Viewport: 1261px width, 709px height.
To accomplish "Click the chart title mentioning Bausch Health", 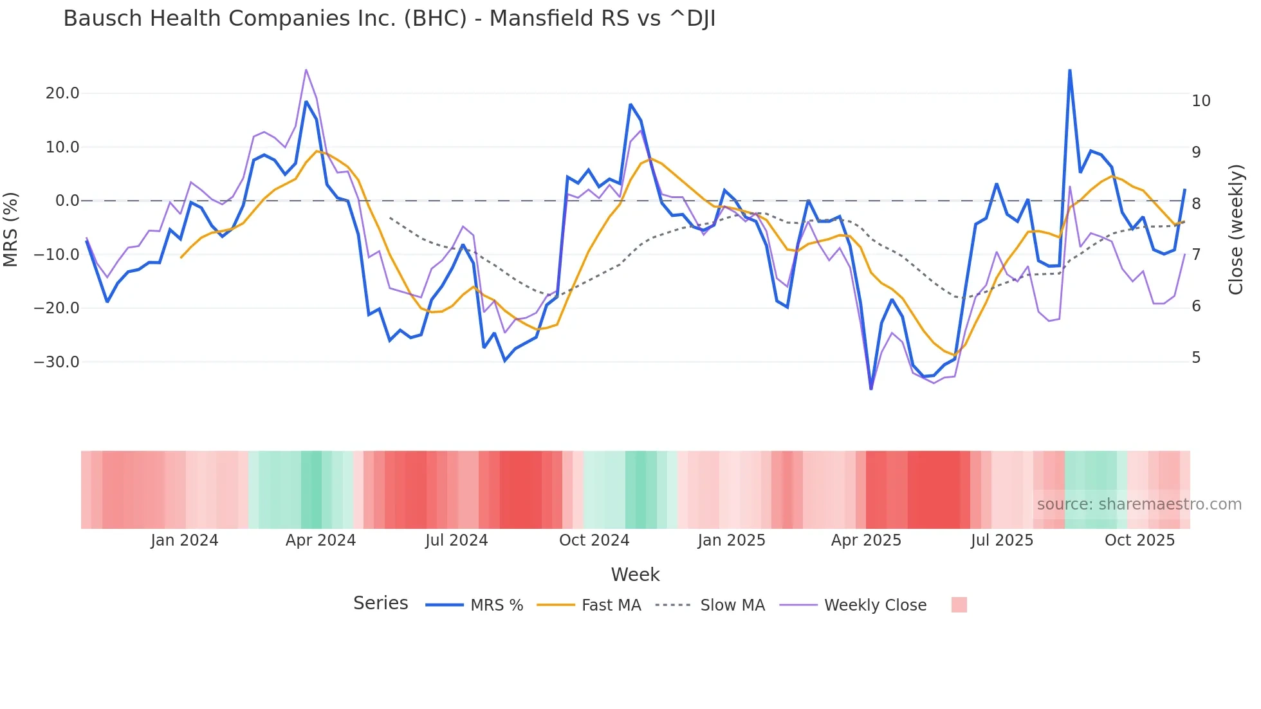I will [x=389, y=19].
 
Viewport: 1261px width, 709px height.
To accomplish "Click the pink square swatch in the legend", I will [x=959, y=605].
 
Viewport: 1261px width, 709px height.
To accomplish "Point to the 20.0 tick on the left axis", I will [x=62, y=93].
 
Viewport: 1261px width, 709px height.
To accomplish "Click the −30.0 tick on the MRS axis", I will [x=57, y=362].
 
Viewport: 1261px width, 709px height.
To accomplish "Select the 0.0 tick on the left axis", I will [x=68, y=201].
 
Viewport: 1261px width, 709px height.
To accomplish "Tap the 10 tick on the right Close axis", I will [x=1201, y=101].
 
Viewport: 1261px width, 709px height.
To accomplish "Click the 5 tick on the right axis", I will [x=1196, y=358].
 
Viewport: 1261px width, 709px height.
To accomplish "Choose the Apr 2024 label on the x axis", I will [x=320, y=540].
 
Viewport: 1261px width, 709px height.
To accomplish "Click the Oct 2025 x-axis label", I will [x=1139, y=540].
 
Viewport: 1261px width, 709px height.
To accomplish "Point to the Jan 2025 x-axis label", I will [x=732, y=540].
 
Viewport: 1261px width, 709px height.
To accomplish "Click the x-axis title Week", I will [x=635, y=575].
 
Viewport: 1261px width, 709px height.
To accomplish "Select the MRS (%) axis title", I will [x=11, y=230].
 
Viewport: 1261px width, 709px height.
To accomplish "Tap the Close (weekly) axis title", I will [x=1236, y=230].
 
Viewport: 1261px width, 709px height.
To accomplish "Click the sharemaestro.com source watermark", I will [x=1139, y=504].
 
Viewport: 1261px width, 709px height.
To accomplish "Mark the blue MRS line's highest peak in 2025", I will [x=1069, y=70].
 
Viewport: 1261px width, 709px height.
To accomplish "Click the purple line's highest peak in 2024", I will [x=306, y=69].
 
